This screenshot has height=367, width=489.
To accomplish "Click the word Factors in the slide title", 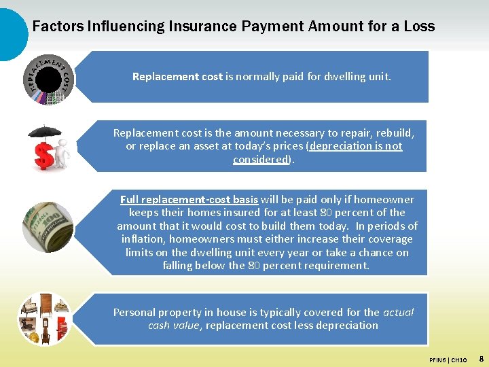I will coord(58,27).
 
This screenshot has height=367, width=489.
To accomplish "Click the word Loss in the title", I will coord(418,27).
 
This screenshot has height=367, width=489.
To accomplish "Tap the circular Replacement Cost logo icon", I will coord(48,78).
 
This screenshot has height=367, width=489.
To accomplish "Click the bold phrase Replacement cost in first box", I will coord(177,77).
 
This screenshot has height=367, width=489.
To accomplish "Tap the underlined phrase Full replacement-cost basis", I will coord(189,200).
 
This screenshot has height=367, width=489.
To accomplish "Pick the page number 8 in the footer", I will coord(481,357).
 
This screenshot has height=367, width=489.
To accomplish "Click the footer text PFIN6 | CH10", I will coord(448,359).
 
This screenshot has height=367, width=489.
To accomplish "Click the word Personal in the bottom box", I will coord(134,313).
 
